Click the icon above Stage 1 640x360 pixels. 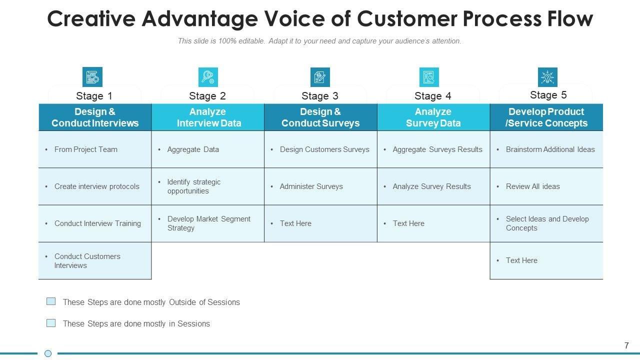tap(92, 77)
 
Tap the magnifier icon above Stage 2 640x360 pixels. tap(207, 77)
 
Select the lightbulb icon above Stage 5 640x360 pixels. tap(547, 77)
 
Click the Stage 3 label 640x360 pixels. tap(320, 95)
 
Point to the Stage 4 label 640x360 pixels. tap(433, 95)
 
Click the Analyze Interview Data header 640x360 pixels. tap(207, 117)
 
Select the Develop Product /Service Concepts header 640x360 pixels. tap(546, 117)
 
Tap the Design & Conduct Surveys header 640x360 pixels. tap(320, 117)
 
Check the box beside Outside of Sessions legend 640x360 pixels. tap(51, 301)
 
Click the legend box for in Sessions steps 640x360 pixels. tap(51, 323)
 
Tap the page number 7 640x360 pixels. tap(626, 345)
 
